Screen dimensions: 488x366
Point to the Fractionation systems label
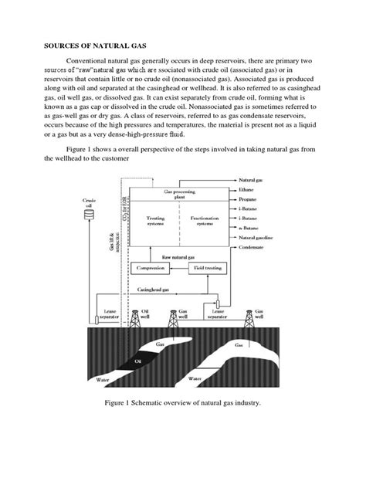207,222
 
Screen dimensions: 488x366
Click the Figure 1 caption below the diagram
183,425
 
